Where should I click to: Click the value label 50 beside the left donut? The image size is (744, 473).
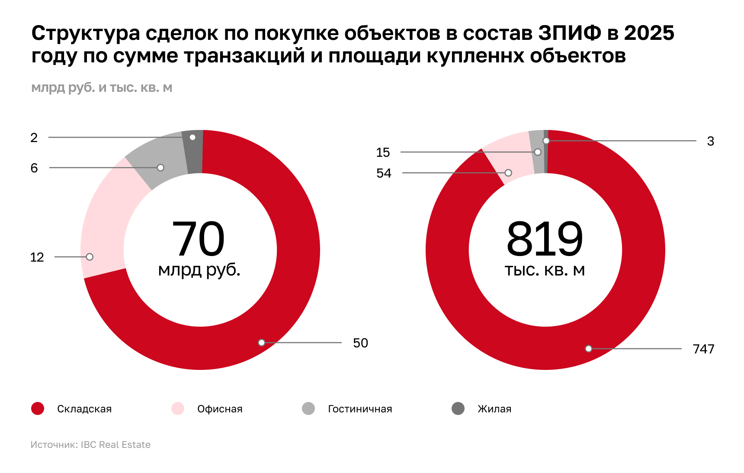coord(360,343)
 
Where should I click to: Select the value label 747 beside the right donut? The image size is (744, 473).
coord(703,349)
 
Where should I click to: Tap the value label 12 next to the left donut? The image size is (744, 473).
coord(37,257)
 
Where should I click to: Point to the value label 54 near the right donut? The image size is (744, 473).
coord(384,173)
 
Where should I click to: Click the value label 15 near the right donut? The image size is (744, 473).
coord(383,152)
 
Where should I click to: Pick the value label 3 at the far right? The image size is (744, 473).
coord(710,141)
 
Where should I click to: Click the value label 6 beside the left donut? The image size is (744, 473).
coord(34,168)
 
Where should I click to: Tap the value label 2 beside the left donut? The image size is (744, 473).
coord(34,138)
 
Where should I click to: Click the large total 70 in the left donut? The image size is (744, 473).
coord(198,239)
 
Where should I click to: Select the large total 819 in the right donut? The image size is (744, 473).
coord(545,239)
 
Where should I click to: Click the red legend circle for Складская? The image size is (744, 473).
coord(38,408)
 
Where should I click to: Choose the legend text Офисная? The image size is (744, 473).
coord(220,409)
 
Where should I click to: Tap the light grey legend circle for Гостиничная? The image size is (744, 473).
coord(308,408)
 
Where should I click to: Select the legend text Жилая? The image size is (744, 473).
coord(494,409)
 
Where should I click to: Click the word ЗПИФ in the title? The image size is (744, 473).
coord(570,33)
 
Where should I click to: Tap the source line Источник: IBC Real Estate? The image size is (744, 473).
coord(90,445)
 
